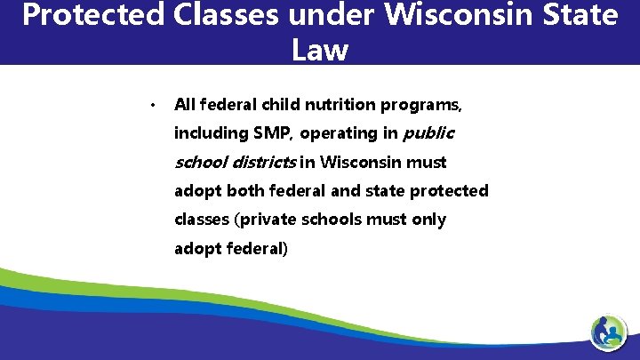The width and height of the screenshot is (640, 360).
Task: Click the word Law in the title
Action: coord(319,50)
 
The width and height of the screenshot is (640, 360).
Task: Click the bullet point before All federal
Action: coord(153,106)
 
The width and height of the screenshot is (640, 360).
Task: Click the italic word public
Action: coord(428,133)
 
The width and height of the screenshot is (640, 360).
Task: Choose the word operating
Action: coord(348,134)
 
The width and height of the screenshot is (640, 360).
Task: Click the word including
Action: coord(210,134)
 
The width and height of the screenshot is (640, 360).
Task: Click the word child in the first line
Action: coord(282,105)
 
